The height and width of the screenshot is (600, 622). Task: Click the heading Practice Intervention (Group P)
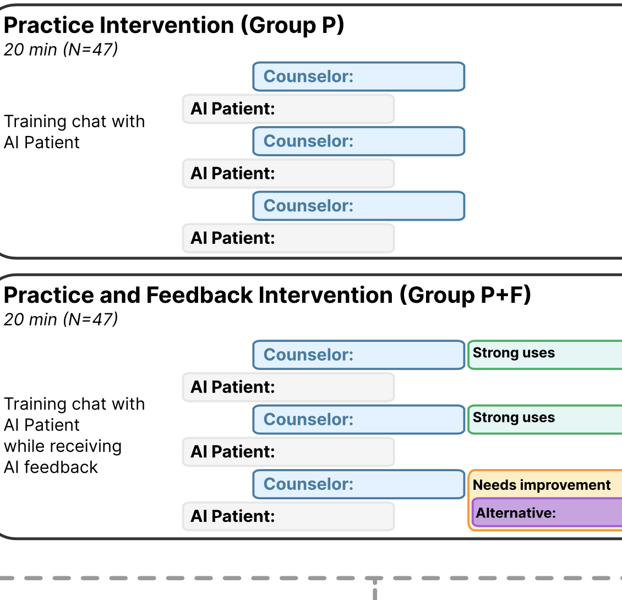pos(174,25)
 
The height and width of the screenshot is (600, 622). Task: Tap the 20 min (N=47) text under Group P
pos(61,50)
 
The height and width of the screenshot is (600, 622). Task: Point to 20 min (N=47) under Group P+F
pos(61,319)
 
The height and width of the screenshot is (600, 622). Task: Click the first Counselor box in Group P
pos(358,77)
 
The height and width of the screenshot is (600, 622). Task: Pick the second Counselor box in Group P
pos(358,141)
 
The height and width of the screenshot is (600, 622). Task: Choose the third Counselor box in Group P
pos(358,206)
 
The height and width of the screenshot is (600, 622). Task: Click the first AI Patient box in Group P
pos(288,109)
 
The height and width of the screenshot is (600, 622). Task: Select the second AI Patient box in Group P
pos(288,173)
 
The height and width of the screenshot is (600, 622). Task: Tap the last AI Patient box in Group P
pos(288,238)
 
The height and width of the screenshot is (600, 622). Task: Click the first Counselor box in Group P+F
pos(358,354)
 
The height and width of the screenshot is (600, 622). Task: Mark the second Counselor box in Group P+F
pos(358,419)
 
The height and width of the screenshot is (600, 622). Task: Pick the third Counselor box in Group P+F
pos(358,484)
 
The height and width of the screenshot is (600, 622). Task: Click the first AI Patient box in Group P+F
pos(288,387)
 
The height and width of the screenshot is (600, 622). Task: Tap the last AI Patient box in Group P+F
pos(288,516)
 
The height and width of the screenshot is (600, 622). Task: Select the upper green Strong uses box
pos(545,354)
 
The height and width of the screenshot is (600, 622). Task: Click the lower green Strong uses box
pos(545,419)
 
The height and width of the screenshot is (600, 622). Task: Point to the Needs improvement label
pos(542,485)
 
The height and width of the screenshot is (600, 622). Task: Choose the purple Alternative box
pos(547,512)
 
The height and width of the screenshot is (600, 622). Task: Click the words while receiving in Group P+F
pos(63,446)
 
